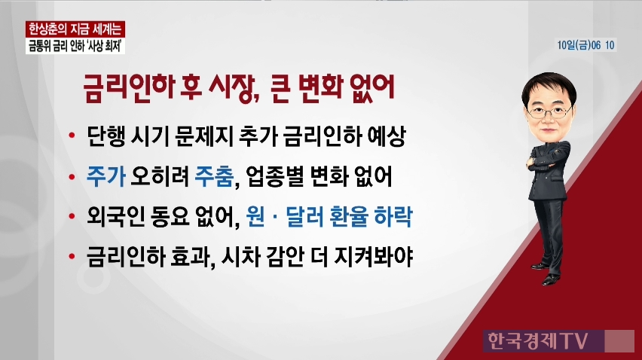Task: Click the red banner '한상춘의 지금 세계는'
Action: pyautogui.click(x=75, y=29)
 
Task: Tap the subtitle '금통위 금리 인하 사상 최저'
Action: pyautogui.click(x=75, y=46)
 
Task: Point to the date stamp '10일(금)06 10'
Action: pyautogui.click(x=586, y=45)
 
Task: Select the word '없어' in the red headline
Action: pyautogui.click(x=372, y=87)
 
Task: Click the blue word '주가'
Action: pyautogui.click(x=106, y=176)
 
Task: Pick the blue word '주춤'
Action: pyautogui.click(x=214, y=176)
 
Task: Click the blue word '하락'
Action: pyautogui.click(x=393, y=216)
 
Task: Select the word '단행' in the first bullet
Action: pyautogui.click(x=106, y=136)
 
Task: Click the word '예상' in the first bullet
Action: pyautogui.click(x=387, y=136)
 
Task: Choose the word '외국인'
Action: pyautogui.click(x=115, y=216)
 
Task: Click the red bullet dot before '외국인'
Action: pyautogui.click(x=72, y=217)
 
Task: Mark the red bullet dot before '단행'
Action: pyautogui.click(x=72, y=136)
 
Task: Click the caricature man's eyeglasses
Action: pyautogui.click(x=549, y=111)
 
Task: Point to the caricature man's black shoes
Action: pyautogui.click(x=546, y=273)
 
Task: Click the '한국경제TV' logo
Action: pyautogui.click(x=538, y=340)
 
